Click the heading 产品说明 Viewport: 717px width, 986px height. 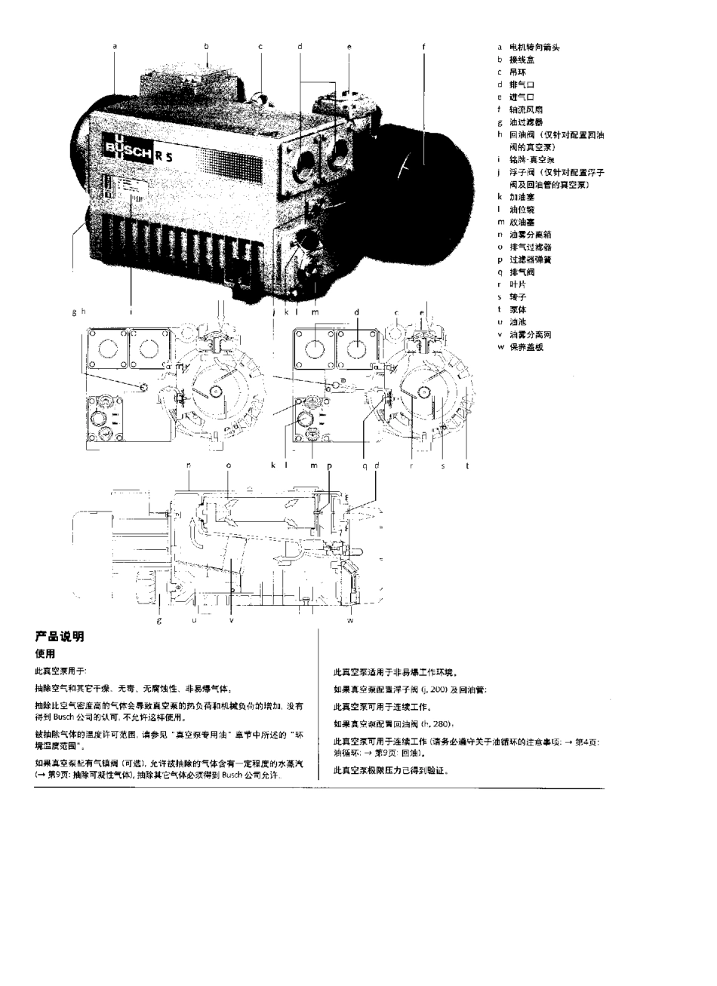coord(60,637)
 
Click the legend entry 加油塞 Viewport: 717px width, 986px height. coord(522,197)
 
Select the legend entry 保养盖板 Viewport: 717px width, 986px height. coord(526,347)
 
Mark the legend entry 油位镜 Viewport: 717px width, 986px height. coord(522,210)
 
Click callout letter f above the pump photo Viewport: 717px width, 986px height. coord(423,47)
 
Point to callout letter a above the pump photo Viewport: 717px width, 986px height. coord(115,47)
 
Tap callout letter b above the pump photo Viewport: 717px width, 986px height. coord(206,47)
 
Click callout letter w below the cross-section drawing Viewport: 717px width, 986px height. coord(350,621)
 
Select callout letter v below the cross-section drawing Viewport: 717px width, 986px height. coord(232,621)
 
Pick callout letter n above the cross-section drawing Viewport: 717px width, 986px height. coord(189,466)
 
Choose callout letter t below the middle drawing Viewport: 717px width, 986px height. coord(467,466)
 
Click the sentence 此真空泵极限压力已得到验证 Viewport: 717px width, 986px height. coord(391,771)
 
